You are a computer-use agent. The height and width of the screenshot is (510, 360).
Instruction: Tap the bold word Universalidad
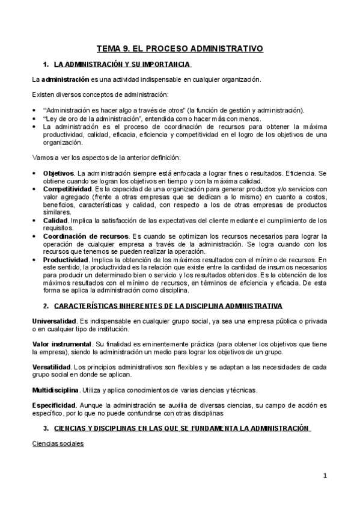(x=54, y=321)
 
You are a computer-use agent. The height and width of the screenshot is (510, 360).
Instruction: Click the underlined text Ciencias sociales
(x=58, y=444)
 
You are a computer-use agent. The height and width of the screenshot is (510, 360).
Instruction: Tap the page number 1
(x=325, y=476)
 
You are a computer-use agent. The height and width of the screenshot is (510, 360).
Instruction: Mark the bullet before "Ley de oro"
(x=34, y=118)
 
